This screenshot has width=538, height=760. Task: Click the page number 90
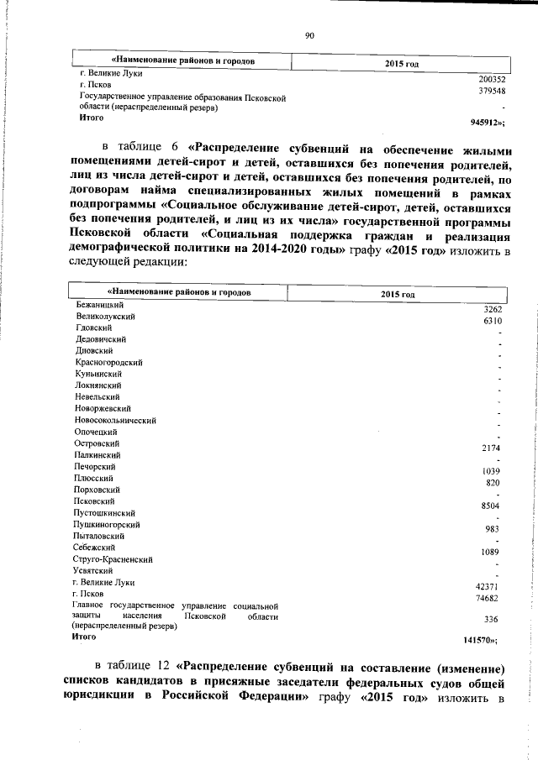pyautogui.click(x=309, y=34)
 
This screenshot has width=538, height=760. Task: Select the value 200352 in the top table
pyautogui.click(x=491, y=79)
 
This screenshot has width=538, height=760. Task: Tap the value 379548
pyautogui.click(x=491, y=91)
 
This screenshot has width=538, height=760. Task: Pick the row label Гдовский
pyautogui.click(x=93, y=326)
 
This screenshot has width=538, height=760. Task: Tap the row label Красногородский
pyautogui.click(x=109, y=361)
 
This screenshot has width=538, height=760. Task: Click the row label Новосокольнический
pyautogui.click(x=116, y=420)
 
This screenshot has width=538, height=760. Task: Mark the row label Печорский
pyautogui.click(x=95, y=466)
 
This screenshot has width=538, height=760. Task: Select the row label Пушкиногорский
pyautogui.click(x=107, y=524)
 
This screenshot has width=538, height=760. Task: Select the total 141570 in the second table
pyautogui.click(x=486, y=640)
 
